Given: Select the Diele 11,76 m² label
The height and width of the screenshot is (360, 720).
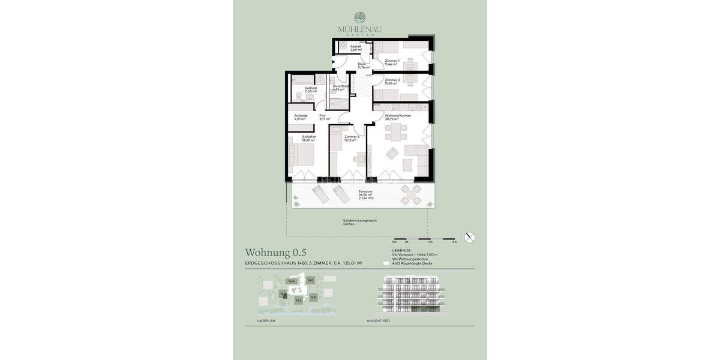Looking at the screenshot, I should click(362, 65).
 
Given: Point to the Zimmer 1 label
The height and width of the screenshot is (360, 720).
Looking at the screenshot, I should click(392, 62).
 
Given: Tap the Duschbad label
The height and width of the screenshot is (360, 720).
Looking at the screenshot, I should click(340, 88).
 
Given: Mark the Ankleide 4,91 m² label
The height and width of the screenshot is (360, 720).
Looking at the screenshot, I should click(301, 117).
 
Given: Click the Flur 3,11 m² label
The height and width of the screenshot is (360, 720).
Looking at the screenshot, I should click(324, 117).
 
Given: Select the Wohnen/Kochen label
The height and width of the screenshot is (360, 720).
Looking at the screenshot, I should click(398, 117).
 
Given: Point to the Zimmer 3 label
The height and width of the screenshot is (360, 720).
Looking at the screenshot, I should click(351, 139).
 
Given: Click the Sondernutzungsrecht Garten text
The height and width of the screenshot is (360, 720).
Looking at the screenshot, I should click(359, 222).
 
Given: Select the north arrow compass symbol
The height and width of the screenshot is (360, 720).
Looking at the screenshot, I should click(470, 237).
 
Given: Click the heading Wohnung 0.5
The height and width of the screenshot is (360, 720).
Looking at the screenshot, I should click(275, 253).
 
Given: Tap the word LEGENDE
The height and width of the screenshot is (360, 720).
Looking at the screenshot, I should click(401, 250).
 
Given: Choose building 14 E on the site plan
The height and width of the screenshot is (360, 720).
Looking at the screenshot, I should click(310, 280).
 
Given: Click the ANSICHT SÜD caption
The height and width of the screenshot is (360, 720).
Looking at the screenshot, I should click(380, 321).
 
